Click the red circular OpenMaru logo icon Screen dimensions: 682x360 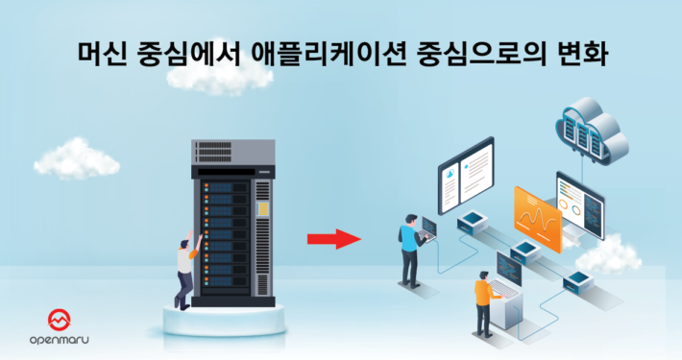point(61,320)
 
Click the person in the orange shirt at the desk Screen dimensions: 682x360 point(485,298)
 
